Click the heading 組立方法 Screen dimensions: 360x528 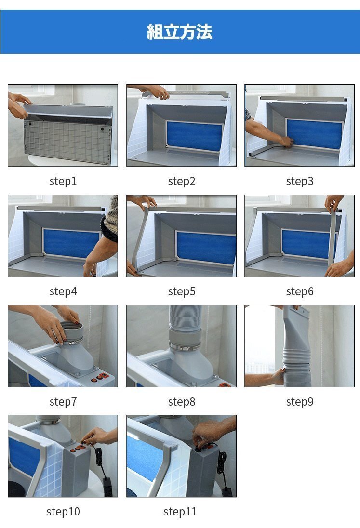179,32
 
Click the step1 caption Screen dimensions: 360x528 63,181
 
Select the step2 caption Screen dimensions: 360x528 182,181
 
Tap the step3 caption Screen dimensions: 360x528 300,181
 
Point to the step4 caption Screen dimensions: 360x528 63,291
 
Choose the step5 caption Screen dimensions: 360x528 182,291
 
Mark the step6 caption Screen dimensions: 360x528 300,291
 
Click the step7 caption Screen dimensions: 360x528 63,401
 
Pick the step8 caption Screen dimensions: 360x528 182,401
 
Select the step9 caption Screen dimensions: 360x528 300,401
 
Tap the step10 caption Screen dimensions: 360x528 63,512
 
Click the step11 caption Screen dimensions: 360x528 180,512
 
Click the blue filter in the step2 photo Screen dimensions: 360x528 194,136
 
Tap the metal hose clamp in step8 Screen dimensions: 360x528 185,346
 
